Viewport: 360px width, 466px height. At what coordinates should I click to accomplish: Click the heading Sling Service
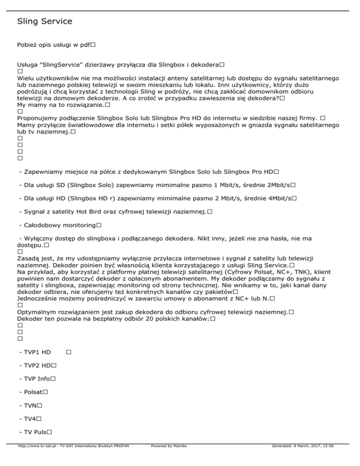point(45,22)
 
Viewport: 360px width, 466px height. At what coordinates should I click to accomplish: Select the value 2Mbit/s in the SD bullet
point(278,186)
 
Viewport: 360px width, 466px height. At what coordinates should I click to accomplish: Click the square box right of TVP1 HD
point(68,351)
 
